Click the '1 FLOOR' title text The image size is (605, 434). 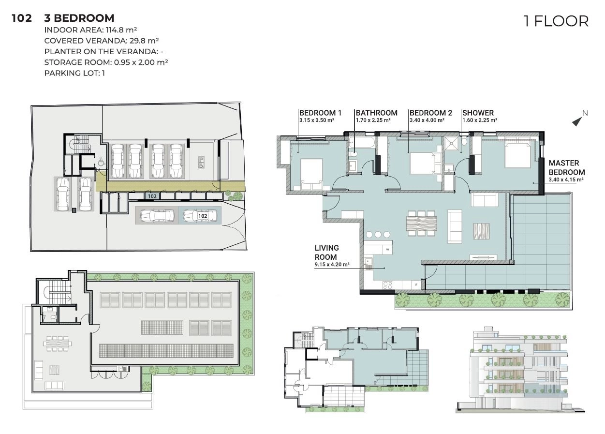[x=556, y=21]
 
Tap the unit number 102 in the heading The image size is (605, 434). [x=22, y=18]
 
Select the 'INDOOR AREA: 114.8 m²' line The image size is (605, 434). [x=90, y=30]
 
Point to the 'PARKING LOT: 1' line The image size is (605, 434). [x=74, y=73]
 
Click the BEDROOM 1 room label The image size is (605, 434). [x=320, y=113]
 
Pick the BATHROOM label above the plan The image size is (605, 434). [x=377, y=113]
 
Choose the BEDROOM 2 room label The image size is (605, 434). [x=431, y=113]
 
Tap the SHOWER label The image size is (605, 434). [x=478, y=113]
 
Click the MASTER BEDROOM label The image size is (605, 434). [x=567, y=167]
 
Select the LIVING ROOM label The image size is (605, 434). [x=327, y=253]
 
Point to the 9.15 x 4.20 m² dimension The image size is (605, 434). [x=332, y=265]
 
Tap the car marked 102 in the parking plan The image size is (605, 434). [x=200, y=216]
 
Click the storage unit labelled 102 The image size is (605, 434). [x=152, y=196]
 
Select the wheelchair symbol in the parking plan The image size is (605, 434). [x=101, y=162]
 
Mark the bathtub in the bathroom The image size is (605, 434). [x=361, y=143]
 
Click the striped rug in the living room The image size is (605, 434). [x=481, y=231]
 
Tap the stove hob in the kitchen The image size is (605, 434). [x=388, y=285]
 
